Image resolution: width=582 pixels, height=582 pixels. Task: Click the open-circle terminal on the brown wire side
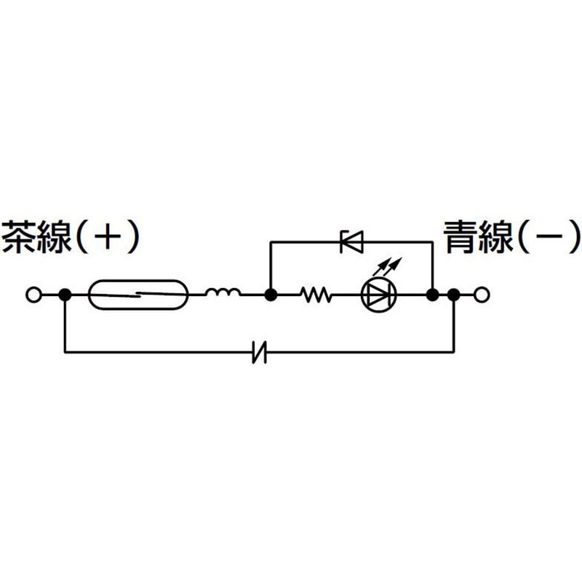33,295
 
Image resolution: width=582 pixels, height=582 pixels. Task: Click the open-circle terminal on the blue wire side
482,295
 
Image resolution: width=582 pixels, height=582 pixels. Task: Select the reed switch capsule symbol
138,295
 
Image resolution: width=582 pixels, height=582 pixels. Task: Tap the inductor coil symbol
223,292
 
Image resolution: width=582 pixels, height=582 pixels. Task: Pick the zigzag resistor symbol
316,295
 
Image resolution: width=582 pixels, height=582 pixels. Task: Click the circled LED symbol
378,295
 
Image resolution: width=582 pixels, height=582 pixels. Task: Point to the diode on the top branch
351,242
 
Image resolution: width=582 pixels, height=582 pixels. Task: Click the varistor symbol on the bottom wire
260,351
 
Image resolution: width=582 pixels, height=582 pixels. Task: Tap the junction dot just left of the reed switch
65,295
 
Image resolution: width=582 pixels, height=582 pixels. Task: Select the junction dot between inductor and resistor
271,295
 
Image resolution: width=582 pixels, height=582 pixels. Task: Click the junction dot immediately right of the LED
432,295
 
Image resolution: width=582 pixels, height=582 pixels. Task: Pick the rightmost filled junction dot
453,295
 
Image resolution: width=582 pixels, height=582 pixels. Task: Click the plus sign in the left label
108,236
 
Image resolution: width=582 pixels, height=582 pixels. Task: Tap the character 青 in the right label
461,237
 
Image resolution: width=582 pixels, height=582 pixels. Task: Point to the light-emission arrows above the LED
388,267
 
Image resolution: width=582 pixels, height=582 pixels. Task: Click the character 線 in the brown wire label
54,237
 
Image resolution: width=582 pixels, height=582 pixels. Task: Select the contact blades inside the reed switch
138,295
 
